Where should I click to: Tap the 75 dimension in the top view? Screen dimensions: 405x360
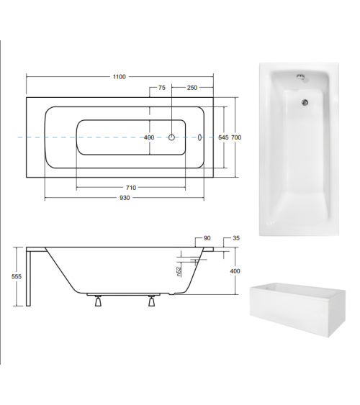click(162, 87)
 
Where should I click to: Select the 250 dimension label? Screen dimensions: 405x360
click(192, 87)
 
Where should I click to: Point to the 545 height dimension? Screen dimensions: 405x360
click(224, 137)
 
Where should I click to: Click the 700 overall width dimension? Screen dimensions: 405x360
click(235, 137)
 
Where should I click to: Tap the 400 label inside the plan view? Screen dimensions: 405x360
click(149, 137)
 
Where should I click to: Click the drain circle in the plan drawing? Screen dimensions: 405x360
click(173, 137)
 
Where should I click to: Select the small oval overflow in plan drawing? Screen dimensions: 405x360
click(201, 137)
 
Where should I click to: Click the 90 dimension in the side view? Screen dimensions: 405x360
click(207, 238)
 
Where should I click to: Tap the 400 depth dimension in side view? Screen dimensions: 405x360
click(233, 271)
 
